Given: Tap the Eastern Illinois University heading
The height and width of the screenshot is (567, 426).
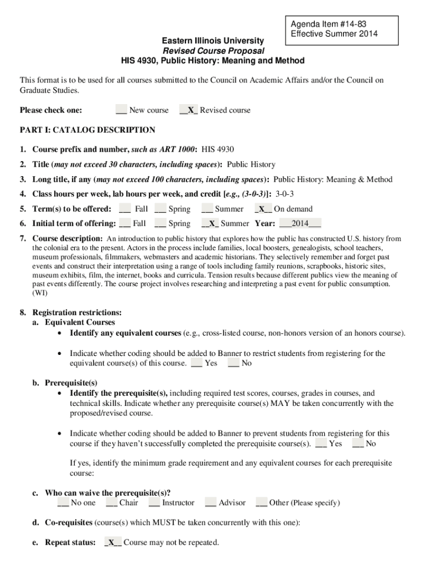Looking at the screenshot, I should click(212, 41).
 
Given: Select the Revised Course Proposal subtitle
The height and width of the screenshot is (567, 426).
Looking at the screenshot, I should click(212, 51).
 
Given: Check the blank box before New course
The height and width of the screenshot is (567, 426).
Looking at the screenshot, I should click(121, 110).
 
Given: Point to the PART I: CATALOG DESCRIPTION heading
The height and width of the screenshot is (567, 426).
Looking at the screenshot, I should click(87, 130).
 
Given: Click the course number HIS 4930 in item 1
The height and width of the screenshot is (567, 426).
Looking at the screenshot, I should click(218, 150).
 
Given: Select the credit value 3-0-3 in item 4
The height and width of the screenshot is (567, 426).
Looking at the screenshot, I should click(284, 194).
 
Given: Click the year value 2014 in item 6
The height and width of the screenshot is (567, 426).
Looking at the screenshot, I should click(300, 224).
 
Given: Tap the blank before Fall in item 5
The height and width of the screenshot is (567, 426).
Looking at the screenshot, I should click(125, 209).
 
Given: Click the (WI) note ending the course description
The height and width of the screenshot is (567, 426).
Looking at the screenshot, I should click(40, 293).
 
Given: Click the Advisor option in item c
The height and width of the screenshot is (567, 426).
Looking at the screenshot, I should click(232, 503).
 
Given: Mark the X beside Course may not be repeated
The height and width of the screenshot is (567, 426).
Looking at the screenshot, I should click(113, 543).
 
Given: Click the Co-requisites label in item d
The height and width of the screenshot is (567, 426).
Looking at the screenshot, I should click(69, 523).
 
